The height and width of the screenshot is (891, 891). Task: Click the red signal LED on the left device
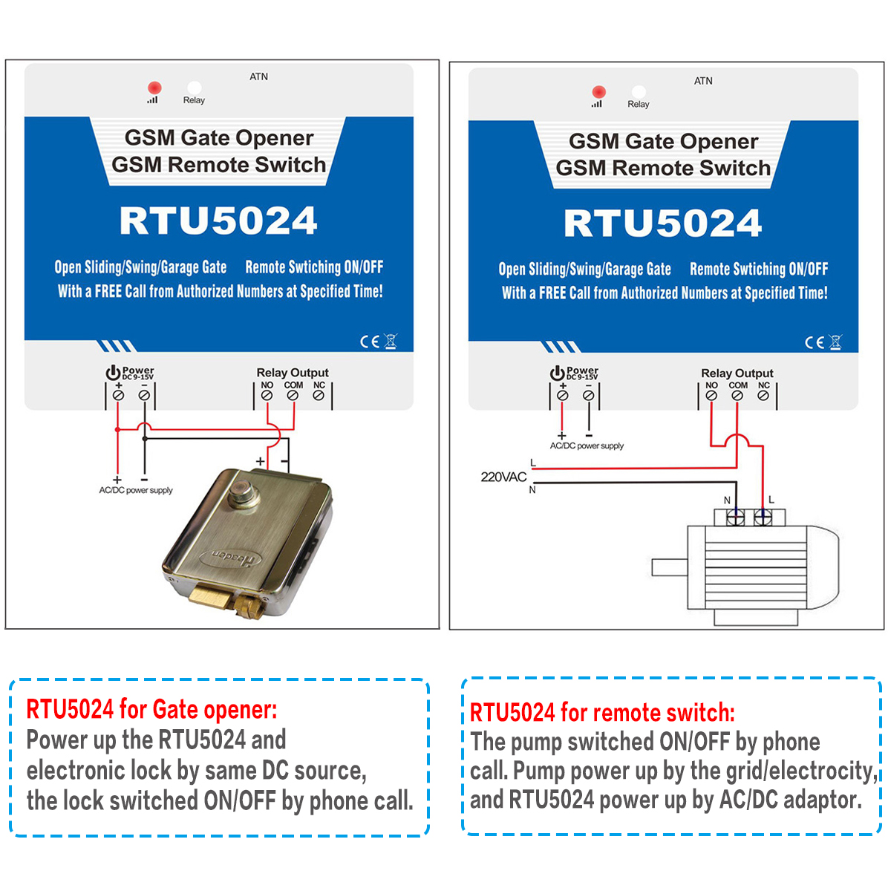click(x=154, y=88)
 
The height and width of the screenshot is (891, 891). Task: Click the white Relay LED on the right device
click(x=638, y=92)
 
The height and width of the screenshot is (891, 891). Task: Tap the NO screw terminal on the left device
click(x=267, y=396)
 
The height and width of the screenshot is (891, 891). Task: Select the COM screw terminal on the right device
click(x=737, y=396)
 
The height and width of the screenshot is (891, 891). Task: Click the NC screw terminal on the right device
click(x=763, y=396)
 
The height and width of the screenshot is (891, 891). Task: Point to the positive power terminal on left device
click(x=118, y=396)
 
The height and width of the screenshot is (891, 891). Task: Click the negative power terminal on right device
click(x=588, y=396)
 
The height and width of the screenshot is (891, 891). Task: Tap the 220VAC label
click(x=503, y=477)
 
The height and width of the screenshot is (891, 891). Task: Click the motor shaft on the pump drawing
click(x=668, y=567)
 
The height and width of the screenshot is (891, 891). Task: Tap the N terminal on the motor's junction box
click(x=735, y=518)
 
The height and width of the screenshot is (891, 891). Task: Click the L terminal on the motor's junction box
click(x=763, y=518)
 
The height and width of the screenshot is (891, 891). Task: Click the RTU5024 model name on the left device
click(x=218, y=221)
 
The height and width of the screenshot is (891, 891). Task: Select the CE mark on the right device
click(x=815, y=342)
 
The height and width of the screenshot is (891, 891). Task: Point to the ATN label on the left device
click(x=258, y=76)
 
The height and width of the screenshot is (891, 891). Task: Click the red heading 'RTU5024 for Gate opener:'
click(x=151, y=710)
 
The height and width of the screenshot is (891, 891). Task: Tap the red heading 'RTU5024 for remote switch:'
click(x=602, y=713)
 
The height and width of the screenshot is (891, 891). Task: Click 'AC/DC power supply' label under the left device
click(x=136, y=490)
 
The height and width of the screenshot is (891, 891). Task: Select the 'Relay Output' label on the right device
click(x=737, y=373)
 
